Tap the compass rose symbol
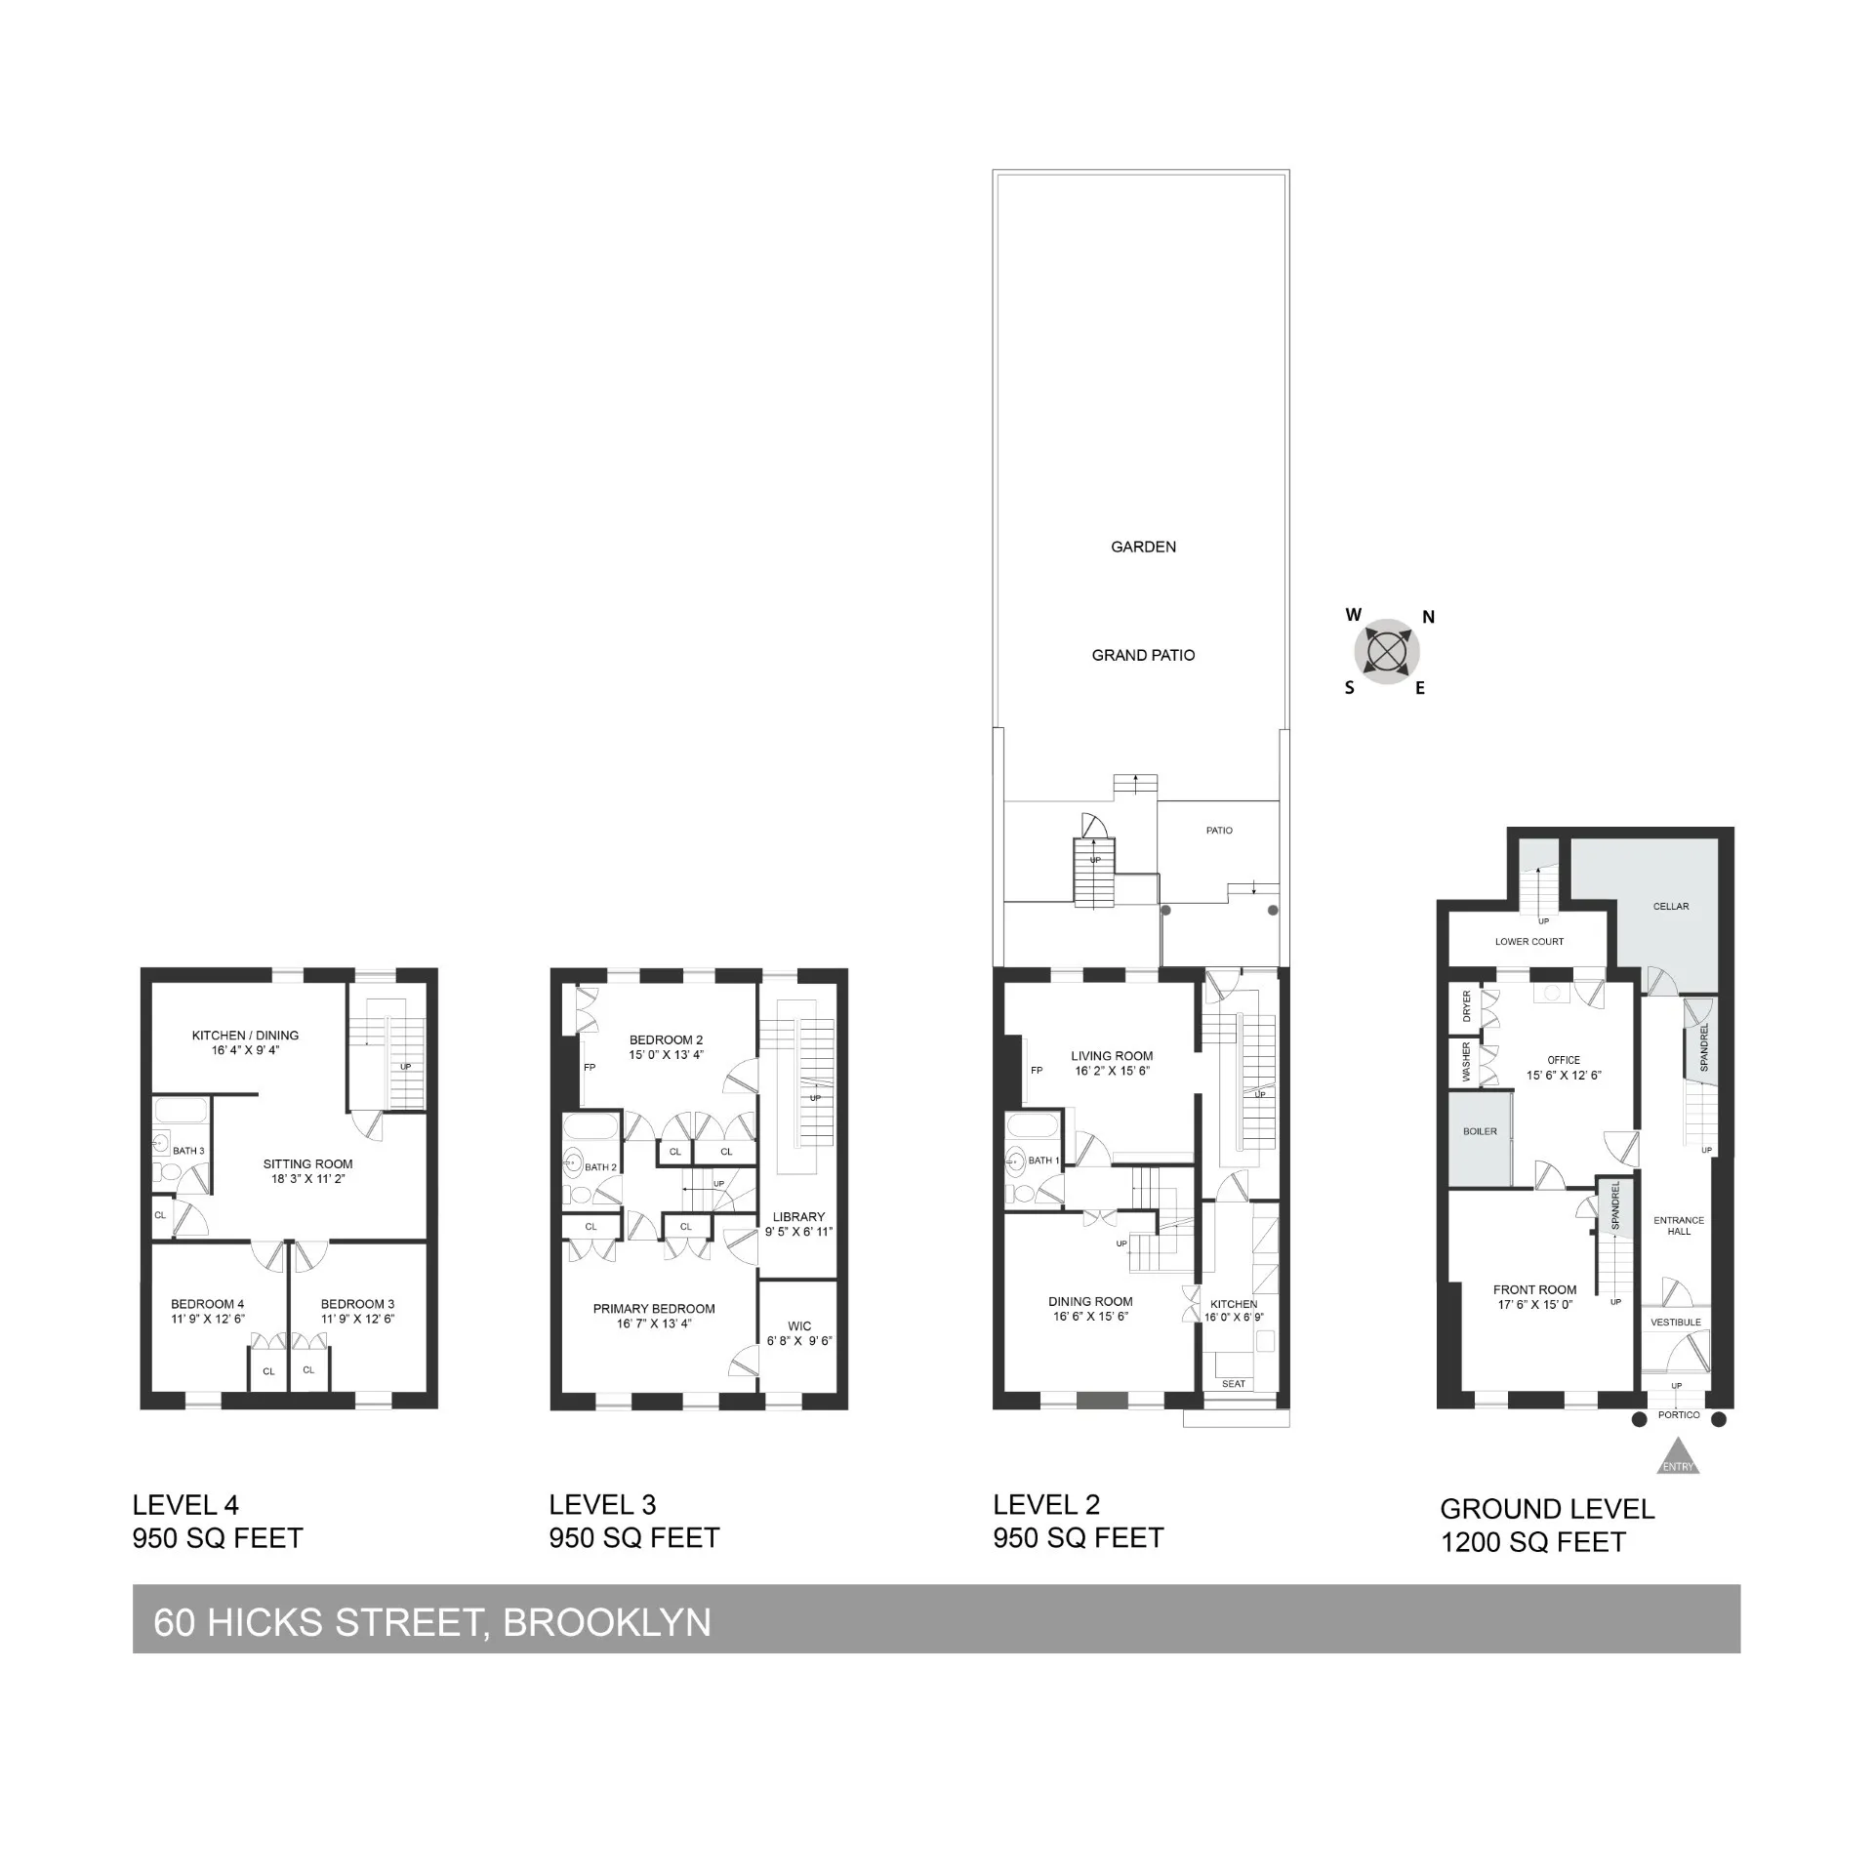tap(1386, 651)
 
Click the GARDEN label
tap(1143, 547)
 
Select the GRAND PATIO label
tap(1143, 655)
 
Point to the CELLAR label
tap(1670, 906)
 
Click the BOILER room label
tap(1480, 1131)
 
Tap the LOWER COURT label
tap(1528, 942)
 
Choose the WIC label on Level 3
tap(799, 1325)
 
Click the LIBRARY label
tap(798, 1216)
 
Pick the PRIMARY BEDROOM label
tap(654, 1309)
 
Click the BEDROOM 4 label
tap(207, 1304)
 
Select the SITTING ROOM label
tap(307, 1163)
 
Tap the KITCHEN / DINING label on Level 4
tap(245, 1036)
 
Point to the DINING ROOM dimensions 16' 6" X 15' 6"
tap(1090, 1316)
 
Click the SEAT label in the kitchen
tap(1234, 1384)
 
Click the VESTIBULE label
tap(1675, 1323)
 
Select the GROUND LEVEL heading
tap(1547, 1509)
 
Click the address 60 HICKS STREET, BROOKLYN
tap(432, 1622)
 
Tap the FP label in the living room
tap(1037, 1071)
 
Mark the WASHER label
tap(1466, 1062)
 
